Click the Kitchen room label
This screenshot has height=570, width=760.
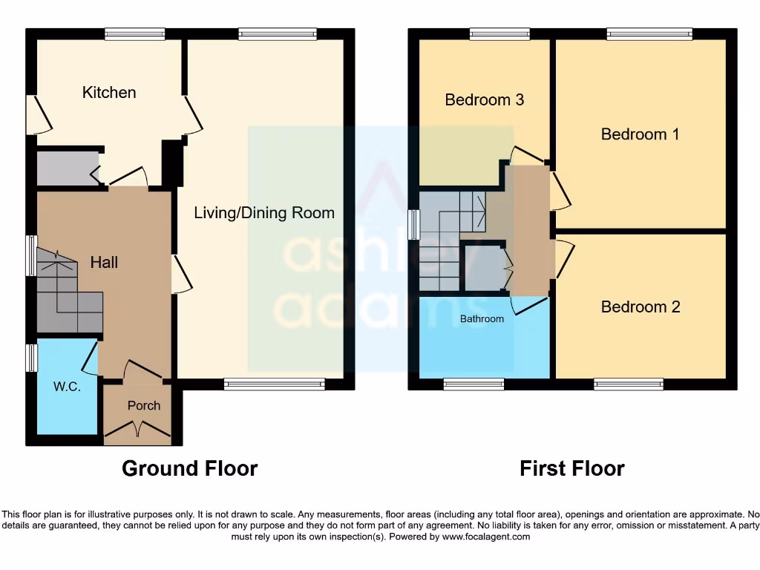(109, 93)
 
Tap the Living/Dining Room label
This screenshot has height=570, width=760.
(264, 213)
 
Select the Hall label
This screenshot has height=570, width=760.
(104, 262)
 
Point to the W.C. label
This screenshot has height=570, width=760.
(67, 387)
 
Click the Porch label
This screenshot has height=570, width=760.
(143, 405)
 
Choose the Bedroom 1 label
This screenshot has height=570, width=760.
(640, 134)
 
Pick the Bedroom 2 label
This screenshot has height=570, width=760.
(640, 307)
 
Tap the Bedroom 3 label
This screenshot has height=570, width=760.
(484, 99)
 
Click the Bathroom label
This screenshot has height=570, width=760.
(482, 319)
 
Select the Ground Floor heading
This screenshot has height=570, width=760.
(189, 469)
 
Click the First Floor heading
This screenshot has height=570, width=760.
(571, 469)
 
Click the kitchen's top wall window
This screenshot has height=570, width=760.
(134, 33)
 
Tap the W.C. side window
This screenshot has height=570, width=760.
(31, 357)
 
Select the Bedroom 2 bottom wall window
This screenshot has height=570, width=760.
(628, 384)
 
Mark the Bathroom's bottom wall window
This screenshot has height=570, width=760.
(474, 384)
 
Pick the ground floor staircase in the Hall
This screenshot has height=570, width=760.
(68, 292)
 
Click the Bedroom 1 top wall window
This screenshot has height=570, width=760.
(649, 33)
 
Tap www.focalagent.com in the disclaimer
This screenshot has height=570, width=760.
(485, 537)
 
